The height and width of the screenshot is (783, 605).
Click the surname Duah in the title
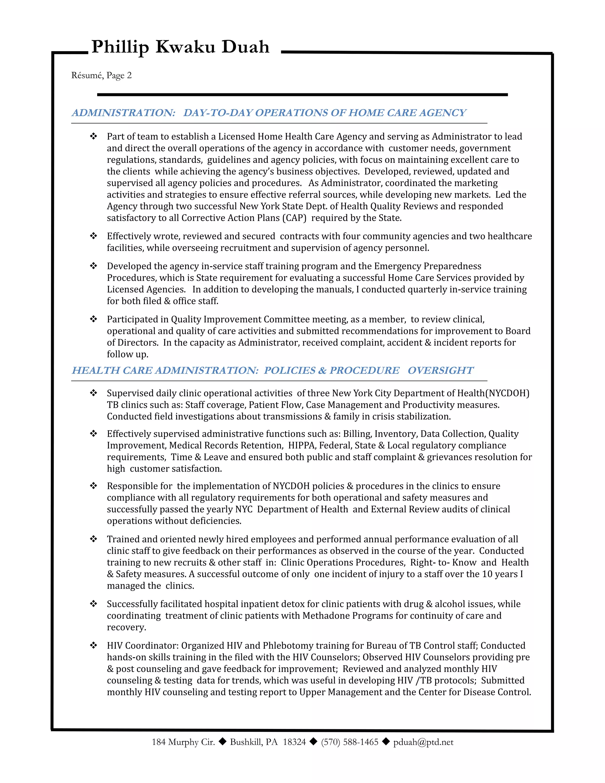click(x=245, y=47)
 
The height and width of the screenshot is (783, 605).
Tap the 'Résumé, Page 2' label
click(x=101, y=75)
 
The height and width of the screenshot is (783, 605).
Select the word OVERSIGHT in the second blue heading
click(x=440, y=370)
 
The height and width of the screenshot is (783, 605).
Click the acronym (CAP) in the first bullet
click(x=294, y=218)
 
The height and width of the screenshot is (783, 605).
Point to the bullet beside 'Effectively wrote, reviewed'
click(x=94, y=236)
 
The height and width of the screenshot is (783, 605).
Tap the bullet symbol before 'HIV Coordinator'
click(x=94, y=645)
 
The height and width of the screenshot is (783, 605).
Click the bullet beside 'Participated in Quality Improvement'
click(x=94, y=319)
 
